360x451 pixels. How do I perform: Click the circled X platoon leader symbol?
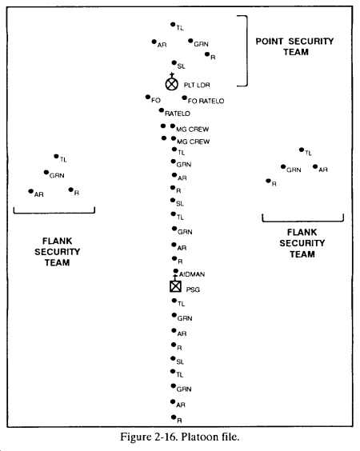point(172,84)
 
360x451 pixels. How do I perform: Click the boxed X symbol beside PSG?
point(175,286)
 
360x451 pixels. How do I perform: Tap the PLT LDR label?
point(197,85)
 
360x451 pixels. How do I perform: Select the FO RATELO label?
point(206,101)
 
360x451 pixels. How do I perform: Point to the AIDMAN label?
point(192,274)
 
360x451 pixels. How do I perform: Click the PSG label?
point(193,289)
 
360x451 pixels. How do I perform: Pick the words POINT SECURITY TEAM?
point(295,46)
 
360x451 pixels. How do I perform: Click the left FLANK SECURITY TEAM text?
point(58,252)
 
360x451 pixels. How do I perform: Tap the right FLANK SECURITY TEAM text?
point(302,243)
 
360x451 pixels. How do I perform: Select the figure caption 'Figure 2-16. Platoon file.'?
point(180,437)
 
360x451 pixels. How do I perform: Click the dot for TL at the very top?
point(173,25)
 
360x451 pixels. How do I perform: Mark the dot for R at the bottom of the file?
point(174,417)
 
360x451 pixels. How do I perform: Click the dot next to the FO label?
point(148,97)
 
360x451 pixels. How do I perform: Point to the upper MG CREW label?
point(193,130)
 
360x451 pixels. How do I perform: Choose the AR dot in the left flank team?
point(30,191)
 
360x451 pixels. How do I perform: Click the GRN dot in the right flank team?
point(283,166)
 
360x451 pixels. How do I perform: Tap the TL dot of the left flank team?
point(56,156)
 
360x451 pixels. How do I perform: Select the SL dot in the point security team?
point(174,62)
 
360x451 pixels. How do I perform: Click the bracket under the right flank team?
point(302,222)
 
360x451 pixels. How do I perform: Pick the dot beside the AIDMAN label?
point(175,271)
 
